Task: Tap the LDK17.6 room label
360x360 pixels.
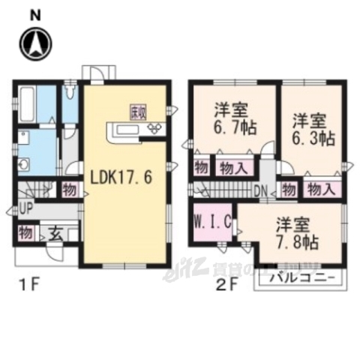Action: tap(121, 180)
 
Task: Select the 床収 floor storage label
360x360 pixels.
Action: tap(139, 112)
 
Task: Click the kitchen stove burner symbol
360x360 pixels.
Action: tap(157, 129)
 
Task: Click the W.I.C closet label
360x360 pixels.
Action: tap(206, 223)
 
